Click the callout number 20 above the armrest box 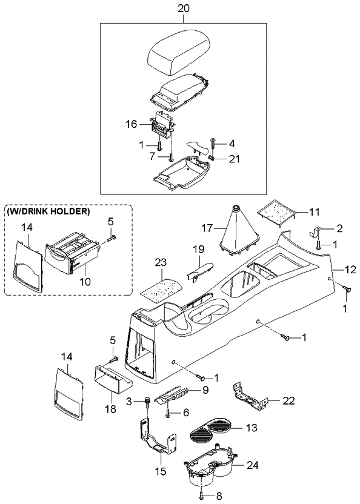coord(184,8)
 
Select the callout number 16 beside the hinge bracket coord(132,124)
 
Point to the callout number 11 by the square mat coord(314,212)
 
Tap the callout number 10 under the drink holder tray coord(85,282)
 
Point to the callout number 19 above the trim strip coord(199,249)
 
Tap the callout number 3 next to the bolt coord(129,402)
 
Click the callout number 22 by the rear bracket coord(289,401)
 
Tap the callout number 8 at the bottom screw coord(219,496)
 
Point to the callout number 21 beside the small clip coord(234,159)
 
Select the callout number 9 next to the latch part coord(206,390)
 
